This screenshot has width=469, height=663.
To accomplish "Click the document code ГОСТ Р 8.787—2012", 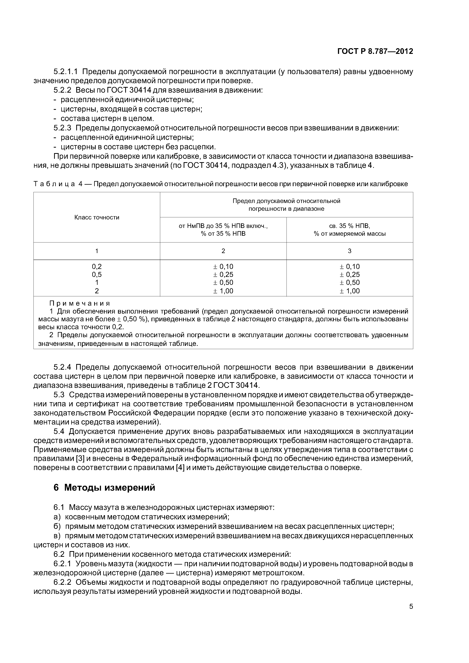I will [375, 51].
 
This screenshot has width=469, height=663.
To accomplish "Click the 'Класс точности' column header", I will [97, 217].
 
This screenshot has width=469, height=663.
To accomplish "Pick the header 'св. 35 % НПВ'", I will [350, 226].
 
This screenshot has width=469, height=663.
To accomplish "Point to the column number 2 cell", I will [223, 251].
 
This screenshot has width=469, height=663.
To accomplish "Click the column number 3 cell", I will [350, 251].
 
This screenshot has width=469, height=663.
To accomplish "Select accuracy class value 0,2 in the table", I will [97, 266].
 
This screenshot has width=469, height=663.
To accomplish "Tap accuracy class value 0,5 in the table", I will [97, 275].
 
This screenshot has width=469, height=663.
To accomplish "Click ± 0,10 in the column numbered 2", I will [223, 266].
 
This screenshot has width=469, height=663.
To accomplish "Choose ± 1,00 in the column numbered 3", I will [350, 291].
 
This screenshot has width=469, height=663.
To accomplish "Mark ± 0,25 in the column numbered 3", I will [350, 275].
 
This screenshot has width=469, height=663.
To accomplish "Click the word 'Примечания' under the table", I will [80, 304].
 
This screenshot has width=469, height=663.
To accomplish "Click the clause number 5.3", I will [59, 395].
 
